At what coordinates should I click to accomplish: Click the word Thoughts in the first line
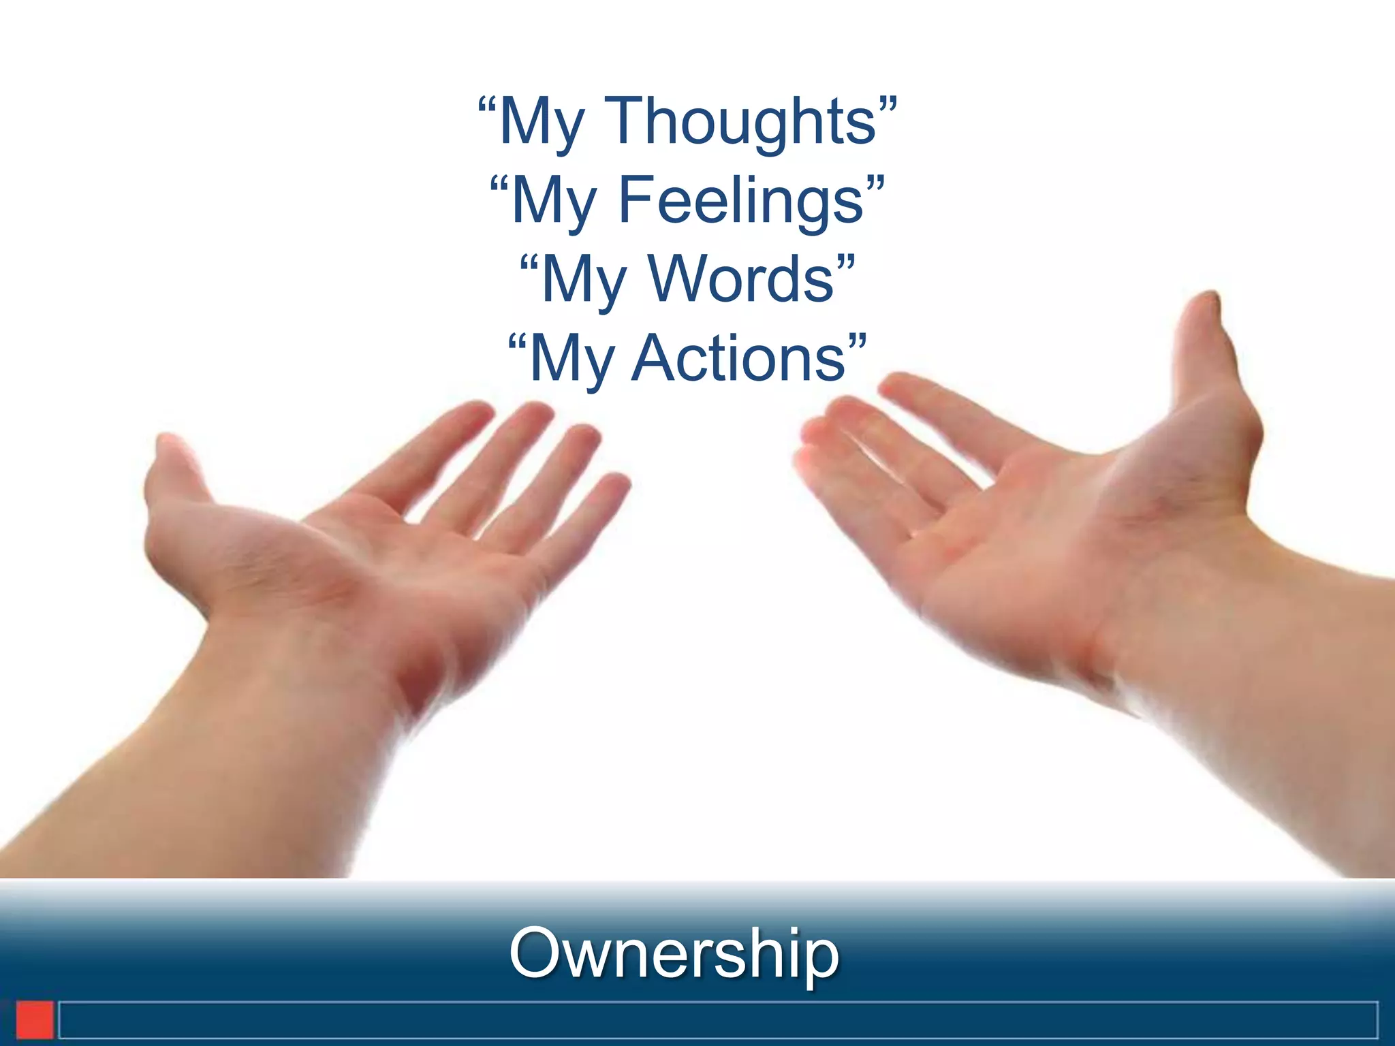point(740,123)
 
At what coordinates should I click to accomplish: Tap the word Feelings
point(741,201)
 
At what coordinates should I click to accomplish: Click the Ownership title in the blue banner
point(674,953)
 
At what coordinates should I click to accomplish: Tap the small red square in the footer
point(35,1020)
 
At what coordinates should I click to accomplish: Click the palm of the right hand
point(1042,545)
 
